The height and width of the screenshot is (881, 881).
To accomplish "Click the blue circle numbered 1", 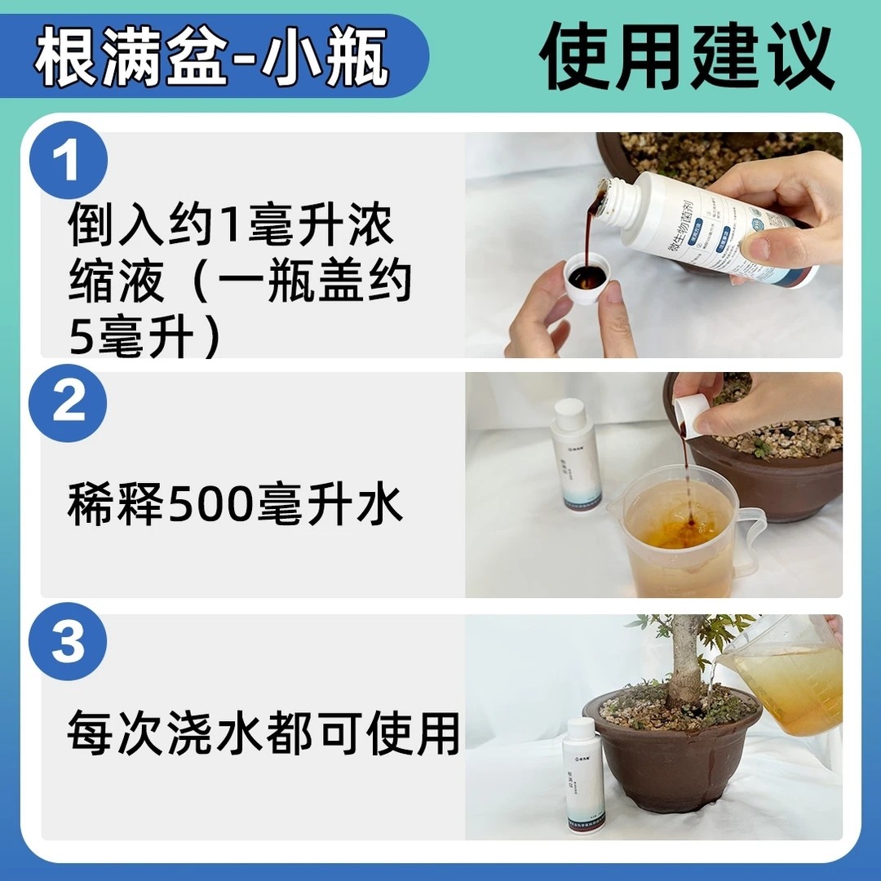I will click(x=69, y=159).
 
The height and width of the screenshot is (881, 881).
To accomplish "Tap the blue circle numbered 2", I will click(x=69, y=402).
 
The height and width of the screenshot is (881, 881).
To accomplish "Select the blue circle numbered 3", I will click(x=69, y=643).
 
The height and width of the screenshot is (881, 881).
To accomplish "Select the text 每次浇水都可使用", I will click(x=263, y=733).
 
